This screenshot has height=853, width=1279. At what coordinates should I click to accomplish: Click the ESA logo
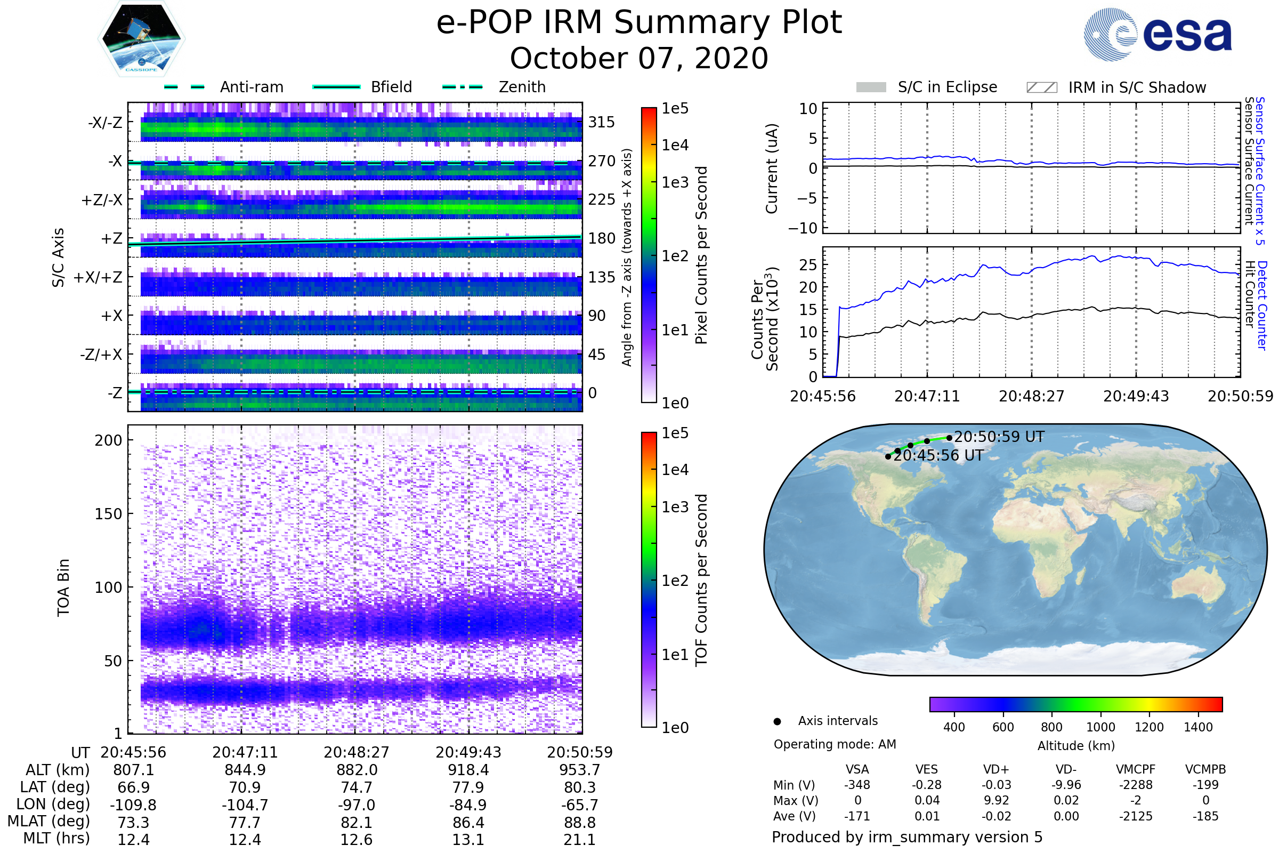1157,34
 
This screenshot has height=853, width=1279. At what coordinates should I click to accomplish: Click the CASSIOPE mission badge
141,38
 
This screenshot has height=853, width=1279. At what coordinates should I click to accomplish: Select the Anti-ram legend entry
223,87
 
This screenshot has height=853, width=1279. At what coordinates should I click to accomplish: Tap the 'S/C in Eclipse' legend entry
927,87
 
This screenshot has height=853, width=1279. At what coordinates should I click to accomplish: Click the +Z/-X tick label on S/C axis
102,200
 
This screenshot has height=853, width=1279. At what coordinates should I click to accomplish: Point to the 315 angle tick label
602,122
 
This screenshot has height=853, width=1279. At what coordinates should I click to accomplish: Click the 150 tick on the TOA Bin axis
109,514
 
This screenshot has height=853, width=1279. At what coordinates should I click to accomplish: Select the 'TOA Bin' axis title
63,588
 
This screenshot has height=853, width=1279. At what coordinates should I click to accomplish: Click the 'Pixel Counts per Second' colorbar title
701,255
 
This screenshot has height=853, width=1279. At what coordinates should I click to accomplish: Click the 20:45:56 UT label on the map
938,455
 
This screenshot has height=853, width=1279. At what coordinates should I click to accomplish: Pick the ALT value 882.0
357,770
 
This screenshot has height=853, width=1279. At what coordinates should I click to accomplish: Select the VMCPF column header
1136,770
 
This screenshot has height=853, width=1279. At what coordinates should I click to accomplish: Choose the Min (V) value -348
857,785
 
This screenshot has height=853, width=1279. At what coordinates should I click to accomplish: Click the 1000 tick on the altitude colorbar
1100,727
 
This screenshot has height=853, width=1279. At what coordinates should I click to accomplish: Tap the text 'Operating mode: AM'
835,744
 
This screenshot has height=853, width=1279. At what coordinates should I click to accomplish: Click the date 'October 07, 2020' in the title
639,58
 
